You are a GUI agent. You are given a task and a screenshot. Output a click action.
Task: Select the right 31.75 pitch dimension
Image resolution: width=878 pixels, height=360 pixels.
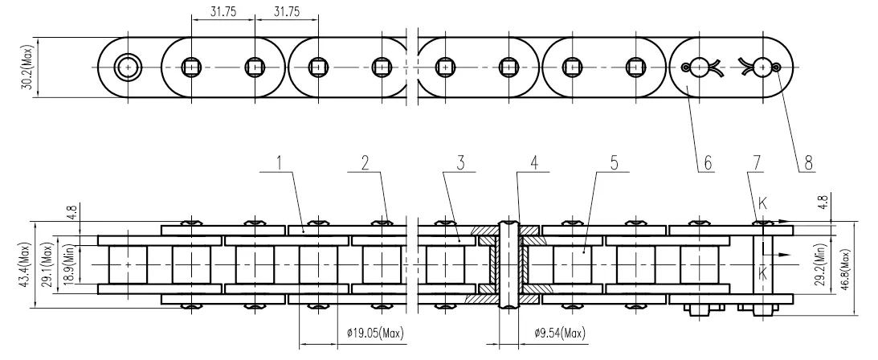(287, 12)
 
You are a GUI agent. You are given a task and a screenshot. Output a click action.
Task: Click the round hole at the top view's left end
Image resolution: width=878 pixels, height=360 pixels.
(127, 67)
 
